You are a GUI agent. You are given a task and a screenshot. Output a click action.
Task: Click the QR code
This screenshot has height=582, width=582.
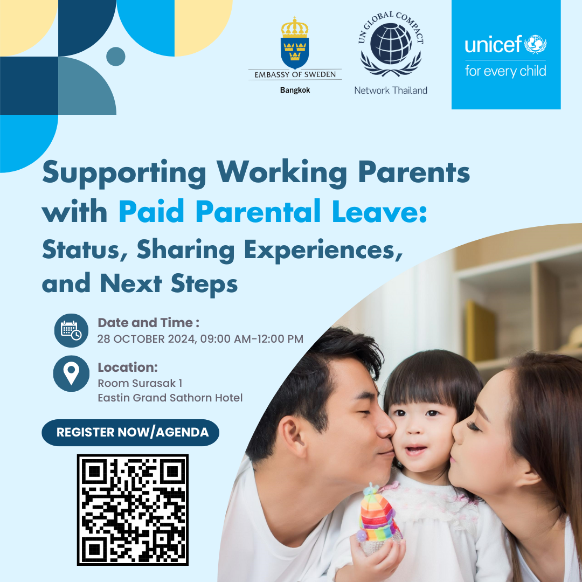pos(133,510)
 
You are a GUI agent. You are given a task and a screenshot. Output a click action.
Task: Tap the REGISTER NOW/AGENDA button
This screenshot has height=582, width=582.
pos(130,432)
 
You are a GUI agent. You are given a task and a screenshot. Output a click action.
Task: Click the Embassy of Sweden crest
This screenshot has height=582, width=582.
pos(295,43)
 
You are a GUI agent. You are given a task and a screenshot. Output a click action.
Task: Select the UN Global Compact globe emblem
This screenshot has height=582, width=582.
pos(391,44)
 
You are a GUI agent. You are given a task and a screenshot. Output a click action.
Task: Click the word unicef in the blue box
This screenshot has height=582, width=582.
pos(493,44)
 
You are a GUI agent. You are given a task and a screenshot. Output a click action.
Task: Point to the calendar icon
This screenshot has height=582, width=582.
pos(71,330)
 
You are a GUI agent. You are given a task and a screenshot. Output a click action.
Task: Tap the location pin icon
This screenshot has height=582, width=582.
pos(71,373)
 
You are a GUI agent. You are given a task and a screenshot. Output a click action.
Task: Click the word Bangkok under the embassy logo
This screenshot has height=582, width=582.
pos(295,90)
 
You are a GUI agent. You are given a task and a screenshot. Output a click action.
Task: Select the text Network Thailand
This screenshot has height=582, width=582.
pos(391,90)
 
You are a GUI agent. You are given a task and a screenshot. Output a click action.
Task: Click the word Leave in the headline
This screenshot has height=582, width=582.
pos(380,212)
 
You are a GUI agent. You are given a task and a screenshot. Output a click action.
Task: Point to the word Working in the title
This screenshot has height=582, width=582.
pos(282,173)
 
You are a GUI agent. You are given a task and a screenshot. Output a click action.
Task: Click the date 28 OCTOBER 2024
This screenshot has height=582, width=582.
pos(147,339)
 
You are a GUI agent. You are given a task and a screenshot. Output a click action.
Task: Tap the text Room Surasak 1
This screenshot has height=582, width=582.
pos(140,383)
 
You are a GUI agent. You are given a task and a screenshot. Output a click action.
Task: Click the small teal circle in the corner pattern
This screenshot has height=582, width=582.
pos(115,57)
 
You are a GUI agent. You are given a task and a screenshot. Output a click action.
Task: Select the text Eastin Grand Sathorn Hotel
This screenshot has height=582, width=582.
pos(170,398)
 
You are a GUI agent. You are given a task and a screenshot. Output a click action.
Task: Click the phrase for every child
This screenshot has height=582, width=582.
pos(505,71)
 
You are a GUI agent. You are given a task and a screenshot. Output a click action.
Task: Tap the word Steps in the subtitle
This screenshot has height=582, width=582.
pos(204,285)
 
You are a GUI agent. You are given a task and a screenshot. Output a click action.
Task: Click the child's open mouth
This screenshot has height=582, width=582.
pos(415,450)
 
